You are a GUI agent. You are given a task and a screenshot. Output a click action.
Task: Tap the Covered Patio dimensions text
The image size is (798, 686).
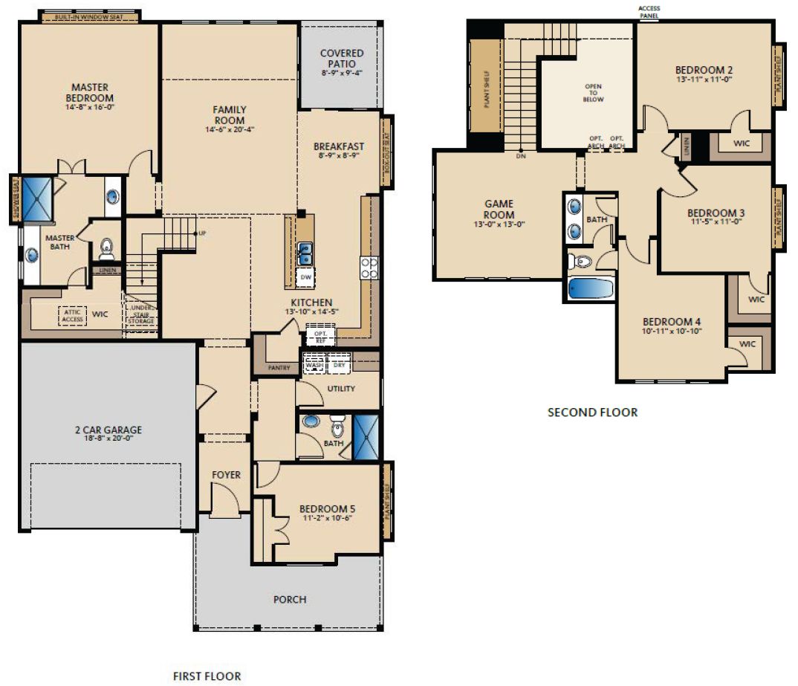coord(342,73)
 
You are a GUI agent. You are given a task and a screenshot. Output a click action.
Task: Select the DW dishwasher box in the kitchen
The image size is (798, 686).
coord(305,277)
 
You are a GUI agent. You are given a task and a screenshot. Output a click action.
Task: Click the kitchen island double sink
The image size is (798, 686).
coord(305,254)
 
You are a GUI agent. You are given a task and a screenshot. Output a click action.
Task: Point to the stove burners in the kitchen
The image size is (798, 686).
coord(369,268)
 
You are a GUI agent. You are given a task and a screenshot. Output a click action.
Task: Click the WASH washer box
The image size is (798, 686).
coord(314,364)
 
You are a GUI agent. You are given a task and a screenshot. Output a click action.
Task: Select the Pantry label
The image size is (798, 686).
coord(278,367)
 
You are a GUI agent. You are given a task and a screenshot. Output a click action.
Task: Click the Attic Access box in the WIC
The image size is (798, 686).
coord(72,315)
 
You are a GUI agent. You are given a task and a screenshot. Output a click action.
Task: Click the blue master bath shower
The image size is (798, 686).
coord(36,198)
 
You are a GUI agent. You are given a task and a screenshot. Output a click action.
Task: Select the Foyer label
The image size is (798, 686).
coord(225,475)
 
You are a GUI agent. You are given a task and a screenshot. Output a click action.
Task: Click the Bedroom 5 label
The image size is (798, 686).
coord(327,509)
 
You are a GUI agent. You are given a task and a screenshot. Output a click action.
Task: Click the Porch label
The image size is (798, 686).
coord(290,599)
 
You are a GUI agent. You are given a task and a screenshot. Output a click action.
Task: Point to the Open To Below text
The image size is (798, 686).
coord(593,93)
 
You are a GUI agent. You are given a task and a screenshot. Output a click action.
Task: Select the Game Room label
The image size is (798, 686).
coord(499,210)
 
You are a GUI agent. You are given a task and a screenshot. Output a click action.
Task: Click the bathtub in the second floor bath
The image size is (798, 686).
coord(591,288)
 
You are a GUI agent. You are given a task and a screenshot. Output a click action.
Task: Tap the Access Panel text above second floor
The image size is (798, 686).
coord(648,11)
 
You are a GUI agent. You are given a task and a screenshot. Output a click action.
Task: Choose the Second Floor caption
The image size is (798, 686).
coord(592,412)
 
